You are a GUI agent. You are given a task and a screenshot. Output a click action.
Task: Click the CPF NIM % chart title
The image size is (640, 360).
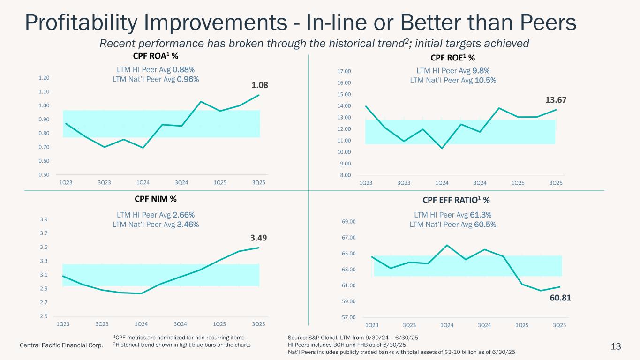[x=156, y=199]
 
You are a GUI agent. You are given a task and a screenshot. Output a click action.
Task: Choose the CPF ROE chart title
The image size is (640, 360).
[x=452, y=58]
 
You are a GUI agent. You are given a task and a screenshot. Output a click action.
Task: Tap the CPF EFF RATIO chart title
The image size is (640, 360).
[x=456, y=200]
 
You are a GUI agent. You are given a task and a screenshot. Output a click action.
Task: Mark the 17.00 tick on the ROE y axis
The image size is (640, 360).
[x=344, y=71]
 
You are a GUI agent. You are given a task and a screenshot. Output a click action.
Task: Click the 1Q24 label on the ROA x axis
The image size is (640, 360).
[x=143, y=182]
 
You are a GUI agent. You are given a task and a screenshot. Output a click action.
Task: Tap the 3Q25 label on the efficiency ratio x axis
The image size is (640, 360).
[x=558, y=325]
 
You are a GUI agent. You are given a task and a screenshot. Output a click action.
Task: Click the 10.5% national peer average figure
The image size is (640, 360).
[x=485, y=80]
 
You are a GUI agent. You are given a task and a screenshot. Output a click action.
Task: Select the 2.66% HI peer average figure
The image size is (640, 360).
[x=181, y=215]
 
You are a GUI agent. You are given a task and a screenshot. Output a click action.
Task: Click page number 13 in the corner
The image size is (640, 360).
[x=616, y=346]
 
